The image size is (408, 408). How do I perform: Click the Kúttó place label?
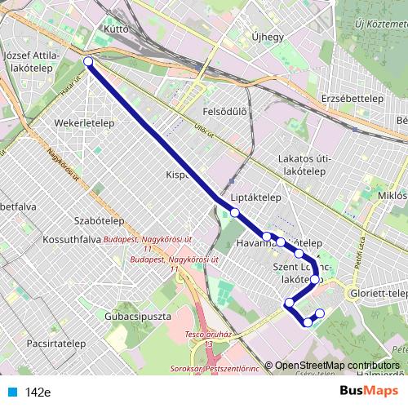[118, 28]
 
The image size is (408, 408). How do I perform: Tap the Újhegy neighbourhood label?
[267, 37]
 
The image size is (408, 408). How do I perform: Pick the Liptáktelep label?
[255, 197]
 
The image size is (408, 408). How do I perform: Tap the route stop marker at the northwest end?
[88, 61]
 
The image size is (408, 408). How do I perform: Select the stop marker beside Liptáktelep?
[235, 213]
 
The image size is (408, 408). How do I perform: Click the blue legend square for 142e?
[12, 392]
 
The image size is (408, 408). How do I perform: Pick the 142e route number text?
[38, 392]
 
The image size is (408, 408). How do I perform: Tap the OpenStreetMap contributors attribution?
[337, 366]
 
